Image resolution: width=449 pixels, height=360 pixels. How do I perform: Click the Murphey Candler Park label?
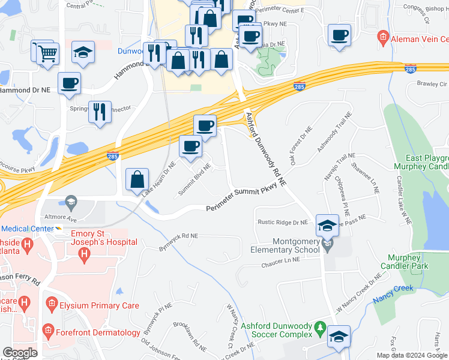point(414,261)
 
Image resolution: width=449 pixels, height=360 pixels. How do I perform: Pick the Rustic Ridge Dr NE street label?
point(282,222)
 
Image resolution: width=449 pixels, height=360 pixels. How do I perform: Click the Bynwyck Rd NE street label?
point(178,241)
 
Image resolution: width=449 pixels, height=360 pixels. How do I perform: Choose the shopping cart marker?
point(48,53)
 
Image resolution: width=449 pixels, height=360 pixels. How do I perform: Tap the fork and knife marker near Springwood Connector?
point(99,112)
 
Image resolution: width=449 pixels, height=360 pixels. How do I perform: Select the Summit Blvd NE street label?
point(194,180)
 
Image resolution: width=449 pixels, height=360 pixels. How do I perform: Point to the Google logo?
point(20,353)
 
